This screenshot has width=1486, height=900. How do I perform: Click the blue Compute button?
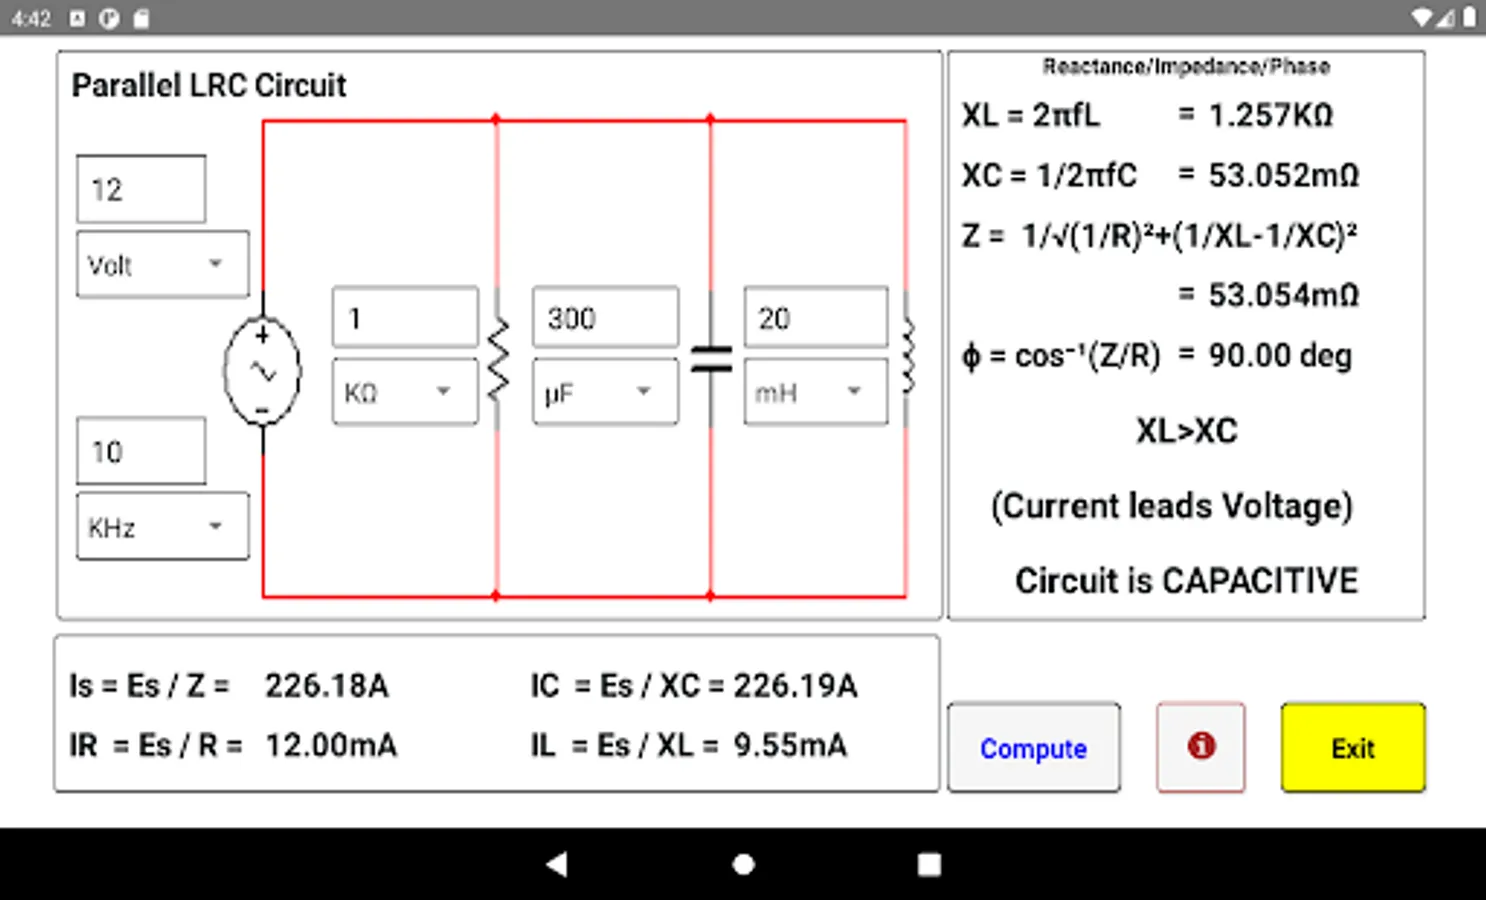(1034, 747)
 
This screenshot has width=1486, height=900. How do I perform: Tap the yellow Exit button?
(1353, 747)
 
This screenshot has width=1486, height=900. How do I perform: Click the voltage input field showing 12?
(141, 189)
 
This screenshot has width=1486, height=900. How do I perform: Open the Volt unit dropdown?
(163, 264)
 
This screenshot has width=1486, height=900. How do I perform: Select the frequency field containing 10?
(141, 451)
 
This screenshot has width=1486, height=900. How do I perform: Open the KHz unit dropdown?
(163, 527)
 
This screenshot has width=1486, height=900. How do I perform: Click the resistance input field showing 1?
(405, 317)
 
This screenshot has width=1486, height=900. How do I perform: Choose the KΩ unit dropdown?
(405, 391)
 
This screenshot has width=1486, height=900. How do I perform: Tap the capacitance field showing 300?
(606, 317)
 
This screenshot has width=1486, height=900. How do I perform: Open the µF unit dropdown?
(606, 391)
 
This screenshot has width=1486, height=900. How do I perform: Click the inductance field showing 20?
(816, 317)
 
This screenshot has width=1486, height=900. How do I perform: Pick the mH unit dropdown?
(816, 391)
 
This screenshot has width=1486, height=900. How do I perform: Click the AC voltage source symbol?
(262, 371)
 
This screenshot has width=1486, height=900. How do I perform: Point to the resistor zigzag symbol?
(498, 359)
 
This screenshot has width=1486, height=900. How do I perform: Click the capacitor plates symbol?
(711, 359)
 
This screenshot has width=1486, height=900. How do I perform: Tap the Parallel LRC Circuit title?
(209, 86)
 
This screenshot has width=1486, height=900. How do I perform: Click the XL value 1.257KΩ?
(1271, 115)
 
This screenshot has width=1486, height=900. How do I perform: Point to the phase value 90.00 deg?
(1280, 356)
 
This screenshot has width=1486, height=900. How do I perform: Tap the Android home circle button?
(744, 864)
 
